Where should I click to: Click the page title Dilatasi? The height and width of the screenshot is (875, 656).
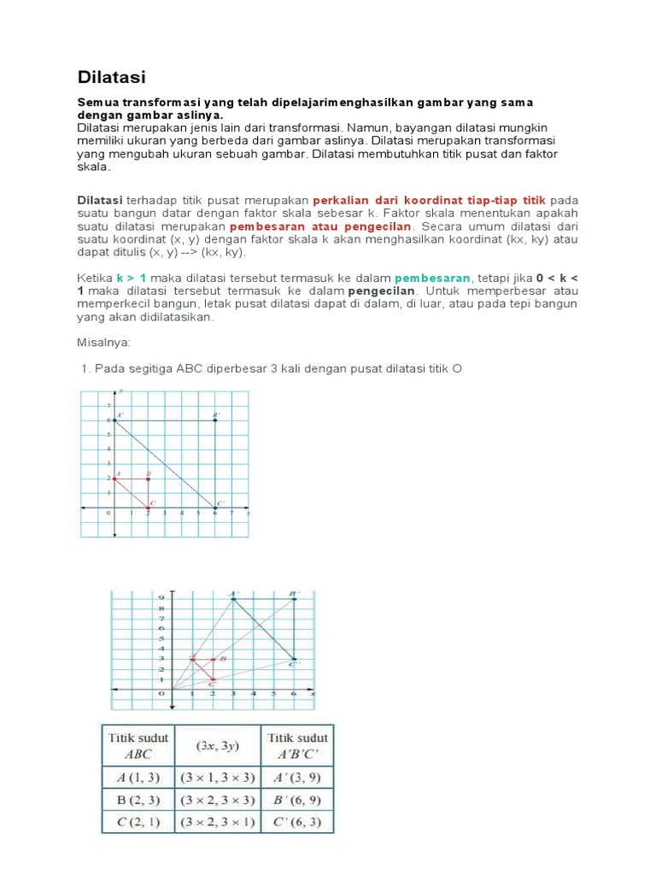[x=111, y=78]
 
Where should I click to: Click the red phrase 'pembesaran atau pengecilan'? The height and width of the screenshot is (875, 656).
[x=321, y=226]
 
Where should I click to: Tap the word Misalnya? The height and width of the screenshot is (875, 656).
[x=103, y=342]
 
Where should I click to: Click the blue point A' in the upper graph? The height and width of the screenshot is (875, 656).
[x=114, y=420]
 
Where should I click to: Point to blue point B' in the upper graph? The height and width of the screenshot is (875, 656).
[x=215, y=420]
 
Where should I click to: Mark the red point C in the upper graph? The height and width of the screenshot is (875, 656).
[x=148, y=508]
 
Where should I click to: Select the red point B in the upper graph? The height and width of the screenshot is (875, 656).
[x=148, y=479]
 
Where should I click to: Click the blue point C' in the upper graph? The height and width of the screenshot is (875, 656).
[x=215, y=508]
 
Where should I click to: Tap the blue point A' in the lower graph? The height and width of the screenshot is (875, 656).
[x=233, y=599]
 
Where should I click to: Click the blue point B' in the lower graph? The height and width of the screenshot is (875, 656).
[x=295, y=599]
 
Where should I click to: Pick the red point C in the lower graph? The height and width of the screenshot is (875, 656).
[x=213, y=679]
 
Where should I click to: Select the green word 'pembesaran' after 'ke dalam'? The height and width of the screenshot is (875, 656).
[x=432, y=279]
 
